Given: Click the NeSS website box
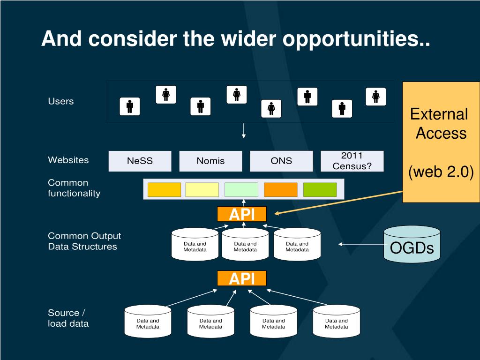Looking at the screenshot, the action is (140, 161).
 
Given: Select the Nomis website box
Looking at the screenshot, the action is (210, 161).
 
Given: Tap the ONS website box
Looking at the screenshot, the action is (281, 161).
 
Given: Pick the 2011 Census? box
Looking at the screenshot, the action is (352, 161).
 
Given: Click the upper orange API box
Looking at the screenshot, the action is (242, 214).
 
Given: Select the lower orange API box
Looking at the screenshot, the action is (242, 278).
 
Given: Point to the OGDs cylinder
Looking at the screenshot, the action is (412, 244).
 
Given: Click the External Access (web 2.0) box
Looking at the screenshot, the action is (441, 142).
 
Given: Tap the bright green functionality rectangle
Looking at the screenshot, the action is (320, 190).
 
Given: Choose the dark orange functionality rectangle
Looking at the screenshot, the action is (281, 190).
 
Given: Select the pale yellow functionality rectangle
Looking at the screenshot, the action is (202, 190).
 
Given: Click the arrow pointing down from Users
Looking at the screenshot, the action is (244, 131).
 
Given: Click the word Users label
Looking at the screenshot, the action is (61, 101).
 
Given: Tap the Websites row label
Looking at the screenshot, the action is (68, 160).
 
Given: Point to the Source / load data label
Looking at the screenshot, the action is (68, 318).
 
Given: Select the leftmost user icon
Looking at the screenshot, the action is (130, 106).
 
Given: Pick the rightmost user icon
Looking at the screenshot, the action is (376, 97).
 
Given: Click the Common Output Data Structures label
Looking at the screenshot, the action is (84, 241).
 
